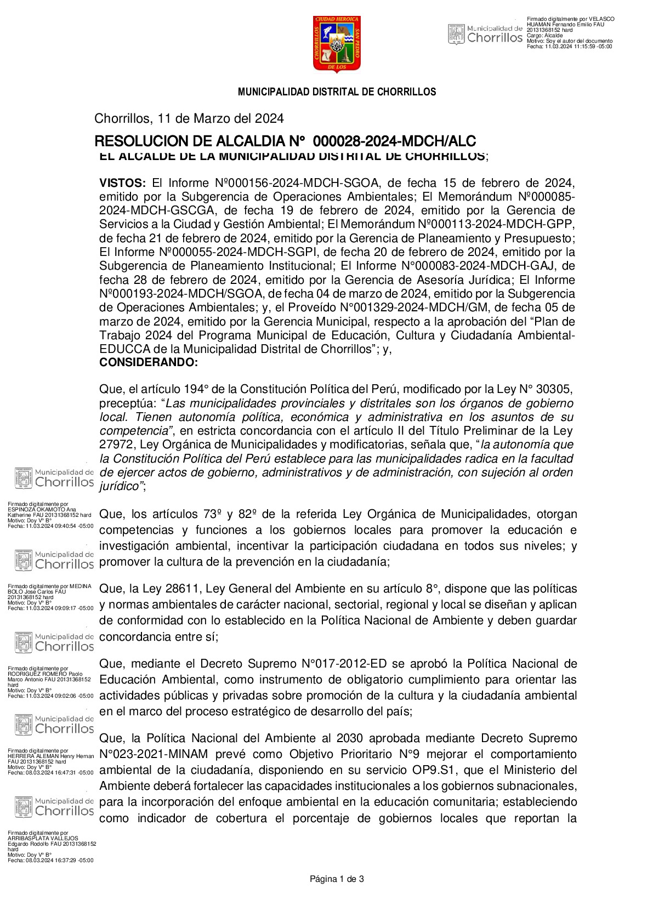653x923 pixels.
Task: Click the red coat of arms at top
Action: (x=337, y=44)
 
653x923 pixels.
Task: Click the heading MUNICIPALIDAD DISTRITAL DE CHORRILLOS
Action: (x=337, y=92)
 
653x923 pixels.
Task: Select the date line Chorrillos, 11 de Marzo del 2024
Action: (x=189, y=118)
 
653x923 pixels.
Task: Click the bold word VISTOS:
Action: (x=122, y=183)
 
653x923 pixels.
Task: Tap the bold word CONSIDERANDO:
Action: (x=148, y=363)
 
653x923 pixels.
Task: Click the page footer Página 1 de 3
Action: (x=337, y=879)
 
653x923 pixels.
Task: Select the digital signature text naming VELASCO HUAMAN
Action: (x=570, y=33)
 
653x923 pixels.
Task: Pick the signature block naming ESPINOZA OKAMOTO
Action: (x=50, y=515)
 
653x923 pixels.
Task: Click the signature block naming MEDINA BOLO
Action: (x=50, y=597)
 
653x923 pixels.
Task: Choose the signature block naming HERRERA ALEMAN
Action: (x=50, y=762)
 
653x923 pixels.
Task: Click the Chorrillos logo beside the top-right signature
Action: (x=485, y=33)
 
